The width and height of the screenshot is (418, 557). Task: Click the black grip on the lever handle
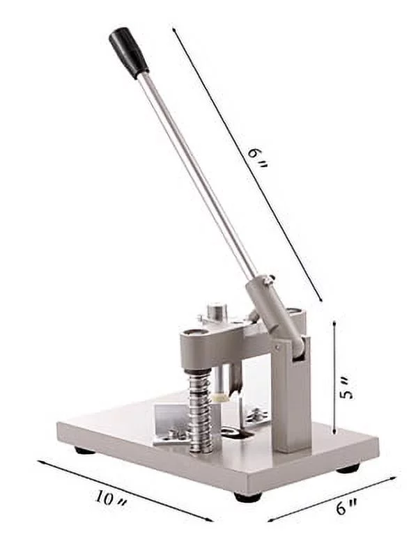[x=128, y=52]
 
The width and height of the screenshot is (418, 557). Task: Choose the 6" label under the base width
[x=342, y=508]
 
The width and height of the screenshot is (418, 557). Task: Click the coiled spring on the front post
[x=200, y=411]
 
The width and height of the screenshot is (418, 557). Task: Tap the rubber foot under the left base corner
[x=84, y=450]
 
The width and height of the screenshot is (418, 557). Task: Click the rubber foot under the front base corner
[x=247, y=497]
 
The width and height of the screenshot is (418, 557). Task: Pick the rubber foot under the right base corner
[x=348, y=469]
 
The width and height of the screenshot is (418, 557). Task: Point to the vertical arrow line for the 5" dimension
[x=335, y=376]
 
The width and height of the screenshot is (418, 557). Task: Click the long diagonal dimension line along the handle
[x=247, y=167]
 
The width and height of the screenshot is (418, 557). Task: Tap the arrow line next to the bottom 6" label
[x=332, y=499]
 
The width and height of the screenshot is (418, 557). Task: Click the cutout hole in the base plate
[x=237, y=434]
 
